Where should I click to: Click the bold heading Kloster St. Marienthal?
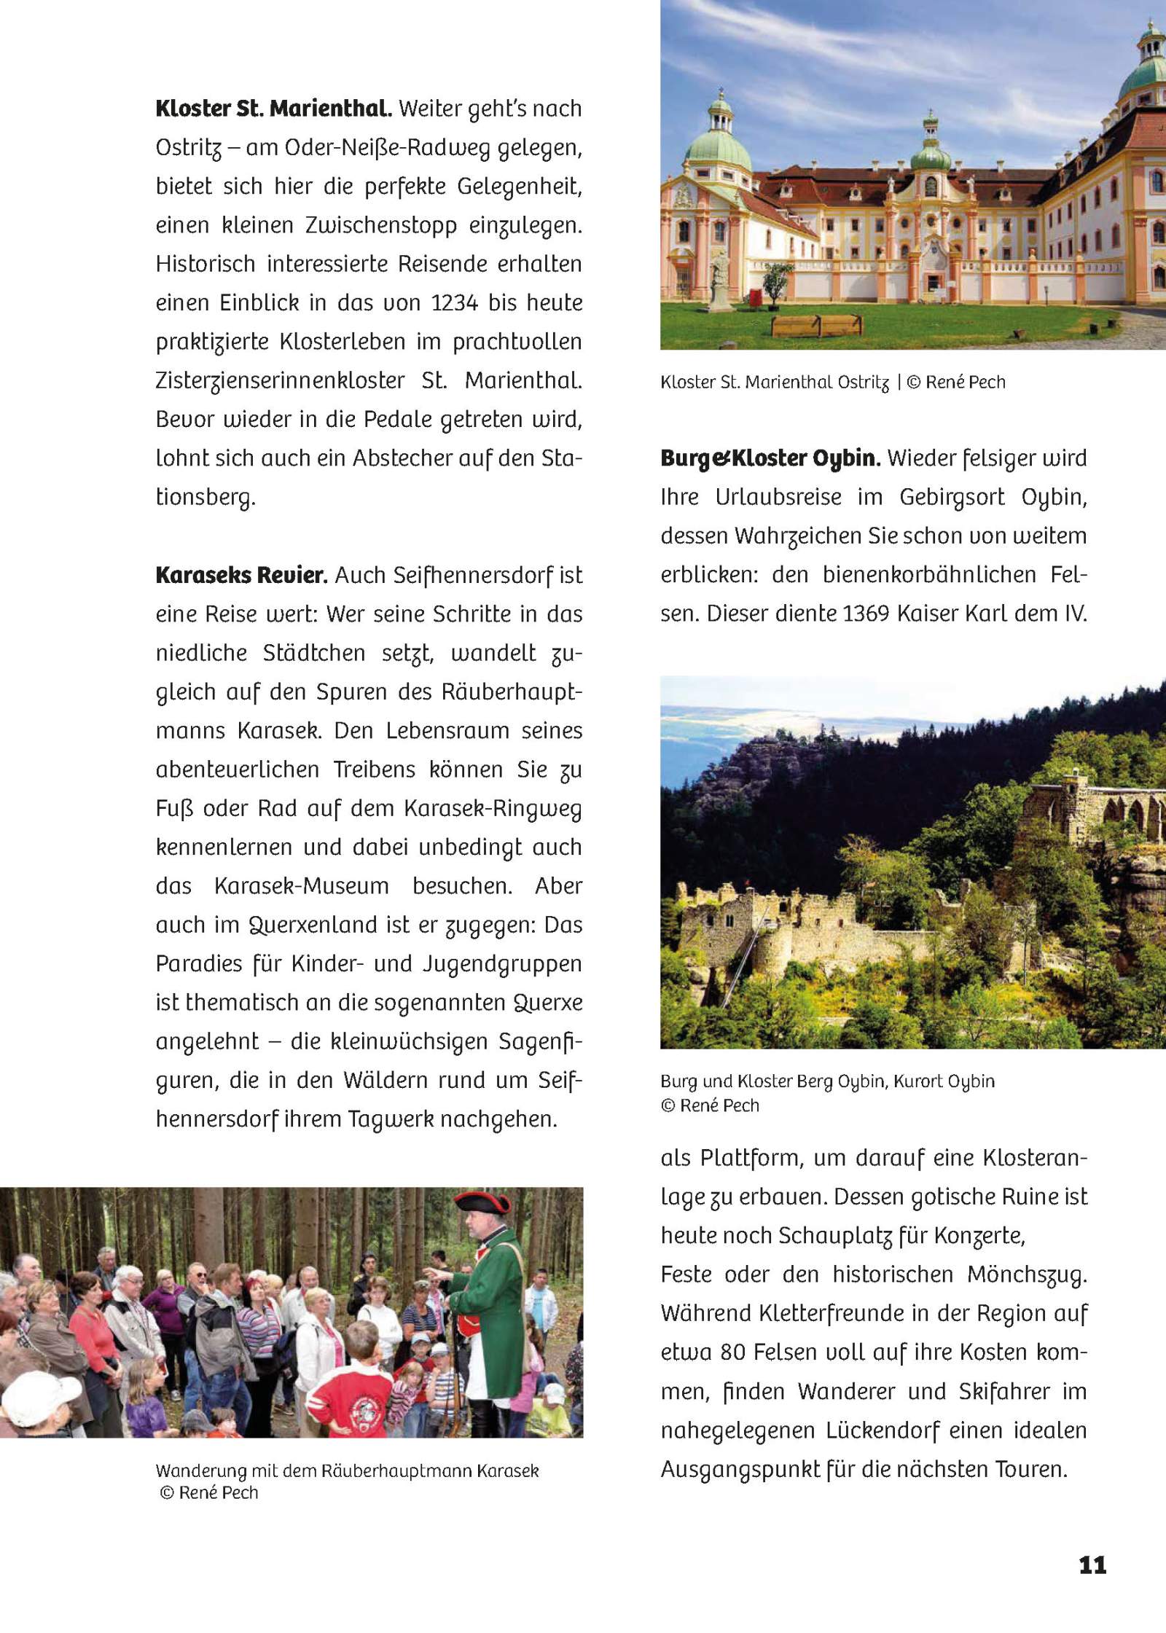(x=273, y=109)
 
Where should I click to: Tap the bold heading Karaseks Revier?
(x=240, y=576)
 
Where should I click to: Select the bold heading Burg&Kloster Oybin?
(x=770, y=459)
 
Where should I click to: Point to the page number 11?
(x=1092, y=1565)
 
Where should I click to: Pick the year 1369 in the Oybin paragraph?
(x=866, y=614)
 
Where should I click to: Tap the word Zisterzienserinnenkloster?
(x=281, y=381)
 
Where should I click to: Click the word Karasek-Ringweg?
(x=492, y=809)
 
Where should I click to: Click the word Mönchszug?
(x=1027, y=1274)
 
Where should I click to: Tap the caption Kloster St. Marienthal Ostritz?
(x=775, y=383)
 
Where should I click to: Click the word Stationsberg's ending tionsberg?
(x=206, y=498)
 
